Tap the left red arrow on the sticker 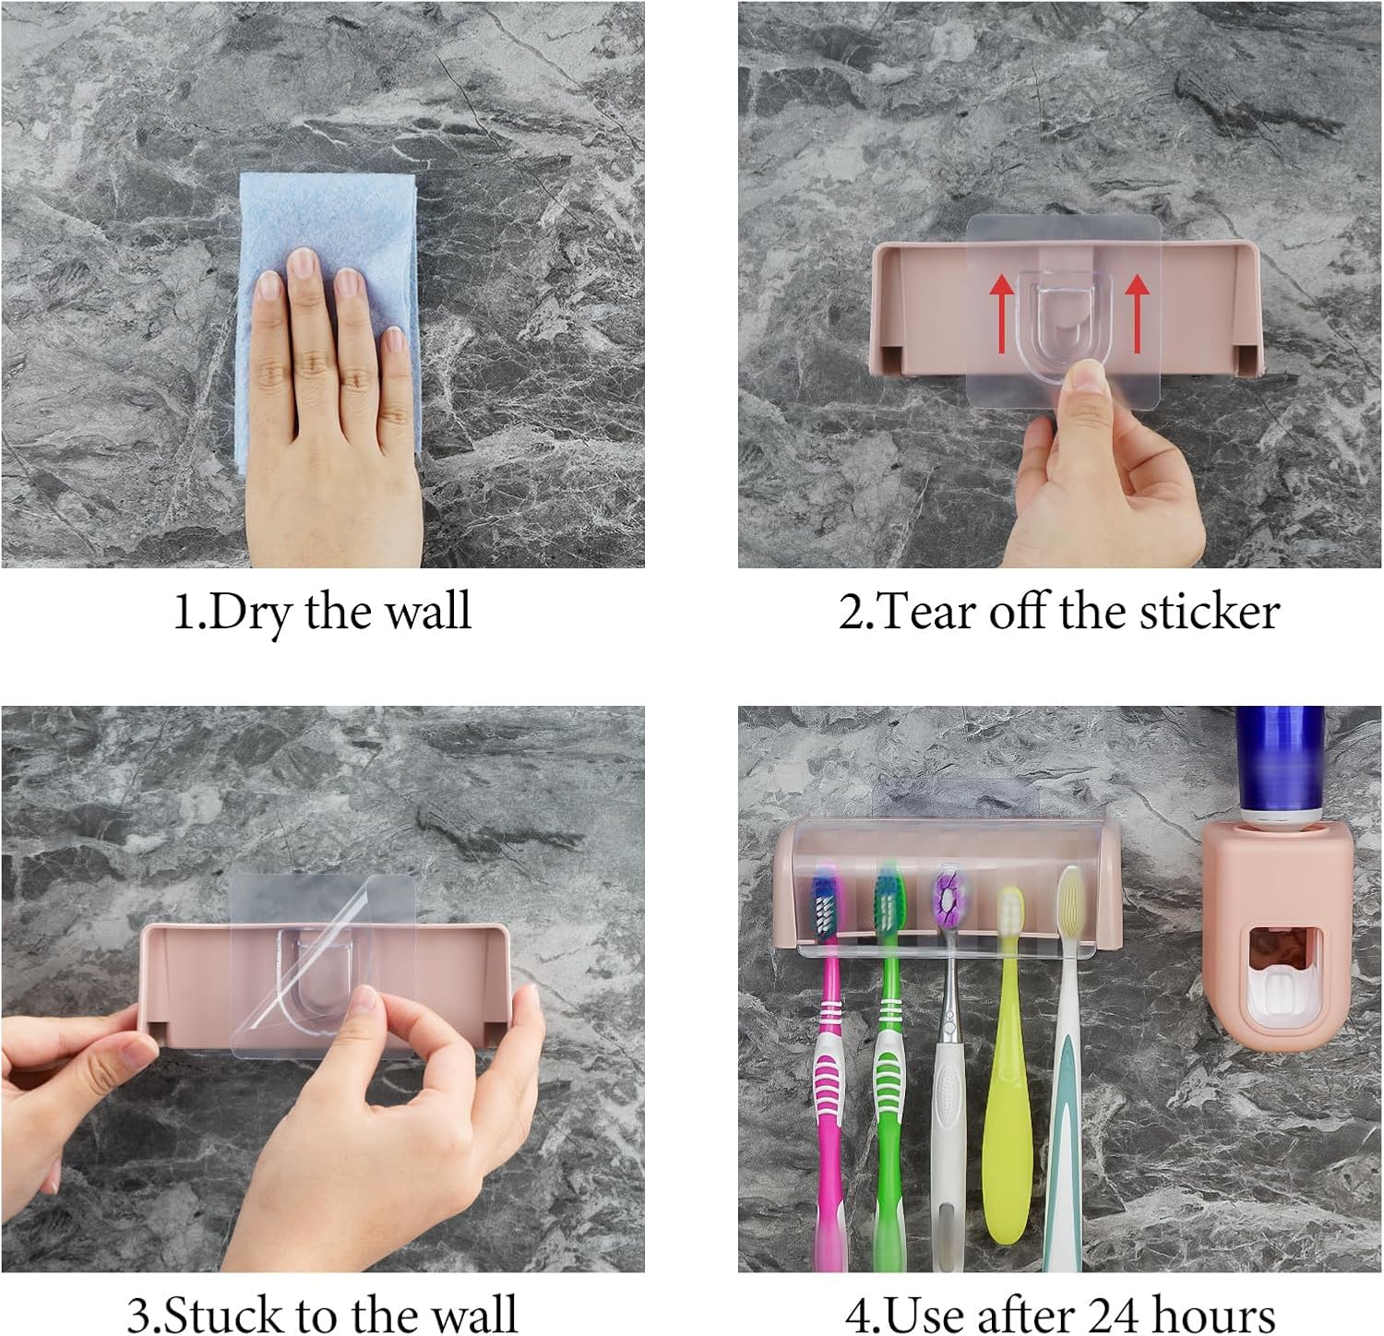1000,315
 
